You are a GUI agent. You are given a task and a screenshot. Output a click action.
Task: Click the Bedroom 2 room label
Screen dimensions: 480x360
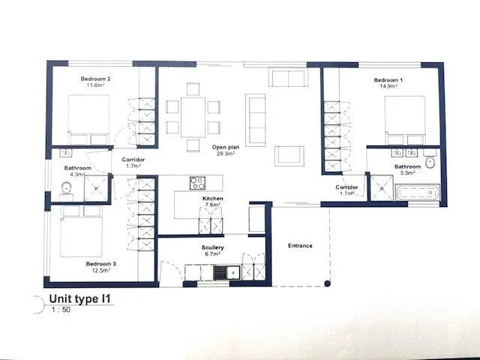(95, 79)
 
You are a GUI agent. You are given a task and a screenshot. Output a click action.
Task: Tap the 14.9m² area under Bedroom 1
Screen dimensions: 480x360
(388, 86)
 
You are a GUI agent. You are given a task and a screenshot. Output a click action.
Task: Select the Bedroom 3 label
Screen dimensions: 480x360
(100, 263)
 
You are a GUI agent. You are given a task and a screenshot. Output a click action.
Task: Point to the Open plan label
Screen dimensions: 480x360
(226, 147)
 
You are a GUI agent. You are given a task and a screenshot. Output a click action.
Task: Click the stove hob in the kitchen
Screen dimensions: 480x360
(197, 183)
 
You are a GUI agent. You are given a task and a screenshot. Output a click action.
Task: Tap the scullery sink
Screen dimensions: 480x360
(226, 272)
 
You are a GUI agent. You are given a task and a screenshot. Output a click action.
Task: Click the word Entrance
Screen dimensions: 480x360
(300, 245)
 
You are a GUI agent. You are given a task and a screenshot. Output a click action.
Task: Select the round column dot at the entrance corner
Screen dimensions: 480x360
(327, 283)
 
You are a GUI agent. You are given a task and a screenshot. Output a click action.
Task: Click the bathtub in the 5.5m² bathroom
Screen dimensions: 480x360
(418, 192)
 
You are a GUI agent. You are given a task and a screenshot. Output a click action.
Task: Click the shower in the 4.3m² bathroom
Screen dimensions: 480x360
(96, 188)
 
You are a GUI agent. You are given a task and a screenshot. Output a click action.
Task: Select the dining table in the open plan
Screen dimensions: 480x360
(193, 117)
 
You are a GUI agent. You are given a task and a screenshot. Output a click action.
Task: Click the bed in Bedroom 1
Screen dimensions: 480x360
(405, 120)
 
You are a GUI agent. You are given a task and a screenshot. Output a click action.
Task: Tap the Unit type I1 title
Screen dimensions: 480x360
(79, 298)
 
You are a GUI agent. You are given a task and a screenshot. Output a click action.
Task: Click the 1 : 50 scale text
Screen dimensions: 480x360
(61, 310)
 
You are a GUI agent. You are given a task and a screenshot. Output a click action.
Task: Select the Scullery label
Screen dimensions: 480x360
(212, 247)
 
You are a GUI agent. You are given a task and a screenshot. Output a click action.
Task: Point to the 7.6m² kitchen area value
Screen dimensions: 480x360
(212, 205)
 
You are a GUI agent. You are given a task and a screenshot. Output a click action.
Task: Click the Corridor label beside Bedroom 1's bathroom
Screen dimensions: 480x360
(346, 187)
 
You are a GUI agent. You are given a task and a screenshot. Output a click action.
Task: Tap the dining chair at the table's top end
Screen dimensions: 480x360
(193, 88)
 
